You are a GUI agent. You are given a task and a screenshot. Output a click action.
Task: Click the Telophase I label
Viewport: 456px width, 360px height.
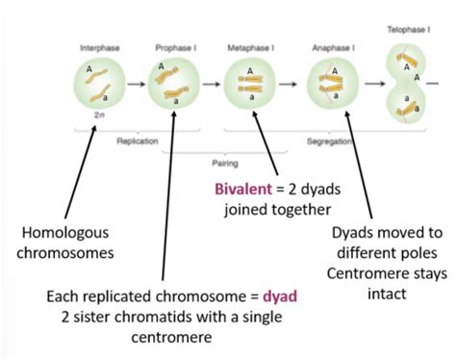click(404, 30)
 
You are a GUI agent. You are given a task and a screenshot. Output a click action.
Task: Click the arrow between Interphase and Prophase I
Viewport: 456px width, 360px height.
click(133, 86)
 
